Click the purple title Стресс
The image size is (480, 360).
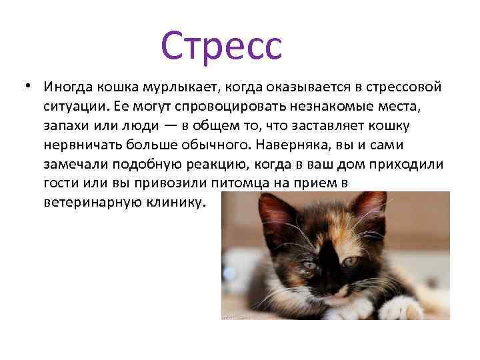click(221, 46)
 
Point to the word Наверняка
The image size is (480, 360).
click(313, 145)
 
